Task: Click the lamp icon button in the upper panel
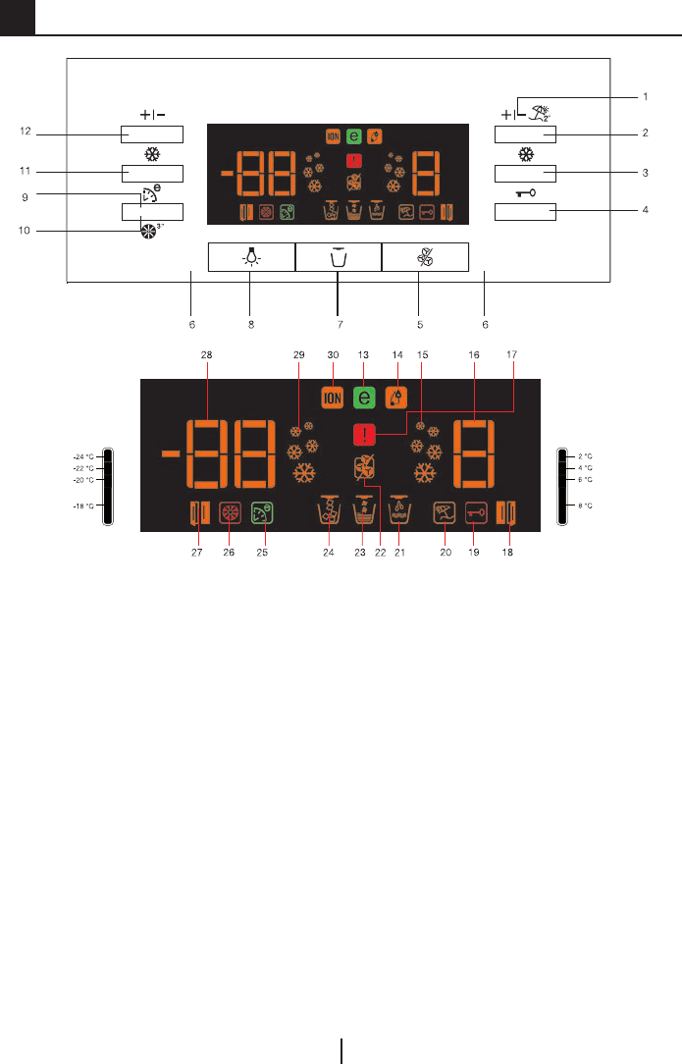click(x=251, y=256)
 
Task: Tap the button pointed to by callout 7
click(x=338, y=256)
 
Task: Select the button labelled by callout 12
click(x=154, y=134)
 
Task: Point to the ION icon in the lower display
click(x=332, y=398)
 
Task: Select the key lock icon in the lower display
click(x=476, y=512)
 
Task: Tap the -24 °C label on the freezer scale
click(x=82, y=456)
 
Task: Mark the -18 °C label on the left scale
click(x=82, y=505)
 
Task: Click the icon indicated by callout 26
click(x=231, y=512)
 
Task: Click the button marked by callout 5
click(x=425, y=256)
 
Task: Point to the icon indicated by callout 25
click(x=262, y=512)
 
